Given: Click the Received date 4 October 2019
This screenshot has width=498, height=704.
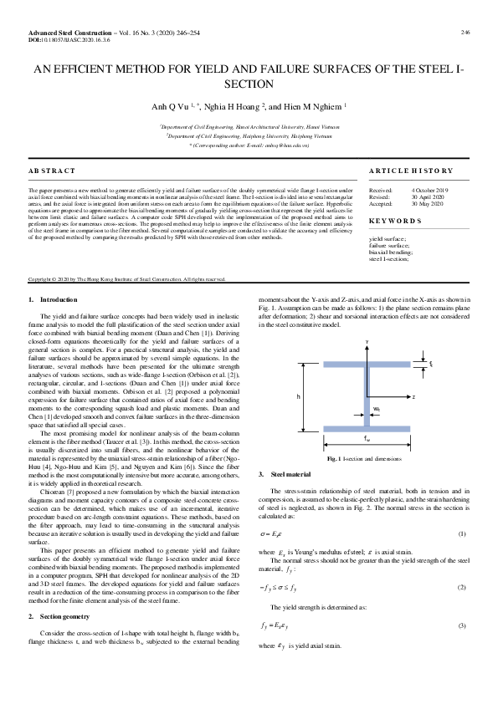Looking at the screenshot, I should [x=429, y=191].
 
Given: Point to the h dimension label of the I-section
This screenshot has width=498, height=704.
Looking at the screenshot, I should [x=298, y=395].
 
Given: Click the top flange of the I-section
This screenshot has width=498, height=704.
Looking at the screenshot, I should [x=366, y=364].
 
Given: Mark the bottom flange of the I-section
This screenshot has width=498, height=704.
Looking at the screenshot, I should [x=366, y=426].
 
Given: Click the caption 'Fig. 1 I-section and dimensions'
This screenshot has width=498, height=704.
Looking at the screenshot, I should [x=367, y=459].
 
